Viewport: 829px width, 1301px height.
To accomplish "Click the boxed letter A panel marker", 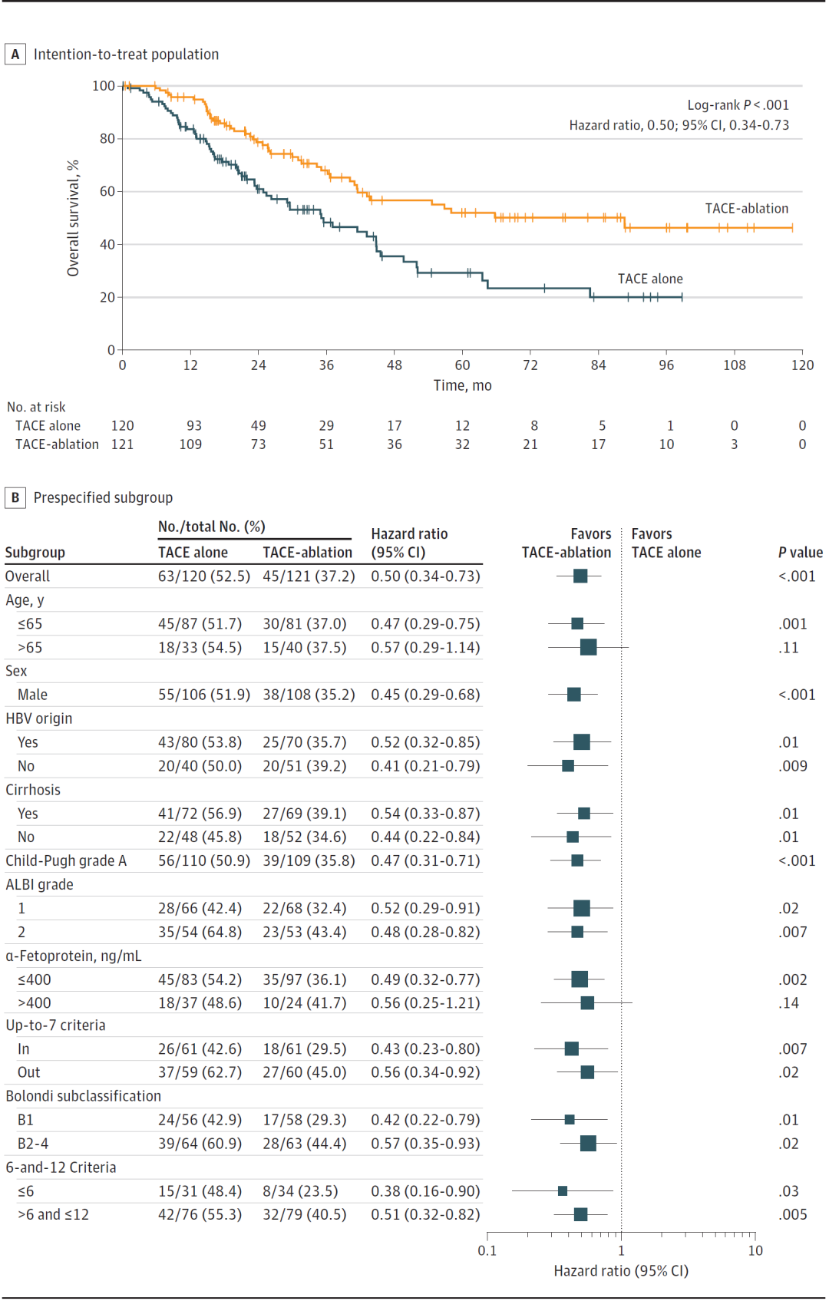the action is [15, 54].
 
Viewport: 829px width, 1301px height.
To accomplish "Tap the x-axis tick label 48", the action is [395, 365].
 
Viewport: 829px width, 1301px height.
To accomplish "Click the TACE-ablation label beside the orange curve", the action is [747, 209].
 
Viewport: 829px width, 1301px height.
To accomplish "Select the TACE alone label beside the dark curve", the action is [650, 279].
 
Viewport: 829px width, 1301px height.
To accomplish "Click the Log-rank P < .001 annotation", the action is [738, 105].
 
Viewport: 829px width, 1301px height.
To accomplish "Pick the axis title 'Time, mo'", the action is [462, 385].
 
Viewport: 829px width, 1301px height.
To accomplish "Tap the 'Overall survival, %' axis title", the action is [73, 219].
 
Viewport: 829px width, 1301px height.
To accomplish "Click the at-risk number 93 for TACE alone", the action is [194, 426].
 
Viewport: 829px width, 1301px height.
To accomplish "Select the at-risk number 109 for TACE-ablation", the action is [190, 444].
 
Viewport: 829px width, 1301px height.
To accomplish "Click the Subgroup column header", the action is [35, 553].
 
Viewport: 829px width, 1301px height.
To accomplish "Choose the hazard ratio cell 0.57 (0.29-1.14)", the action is [426, 648].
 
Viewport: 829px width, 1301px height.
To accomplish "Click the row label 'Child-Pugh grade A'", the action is [66, 860].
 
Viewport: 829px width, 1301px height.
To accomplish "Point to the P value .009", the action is [793, 766].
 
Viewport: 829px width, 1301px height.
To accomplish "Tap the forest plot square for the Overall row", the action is [580, 576].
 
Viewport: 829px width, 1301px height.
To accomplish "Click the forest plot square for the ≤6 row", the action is [563, 1191].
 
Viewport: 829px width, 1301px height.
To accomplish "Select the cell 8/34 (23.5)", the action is [300, 1191].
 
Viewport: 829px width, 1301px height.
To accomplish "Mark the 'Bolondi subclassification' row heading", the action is [83, 1096].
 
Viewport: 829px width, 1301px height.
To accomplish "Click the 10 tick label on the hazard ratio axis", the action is [755, 1250].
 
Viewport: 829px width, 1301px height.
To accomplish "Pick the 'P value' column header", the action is [801, 553].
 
